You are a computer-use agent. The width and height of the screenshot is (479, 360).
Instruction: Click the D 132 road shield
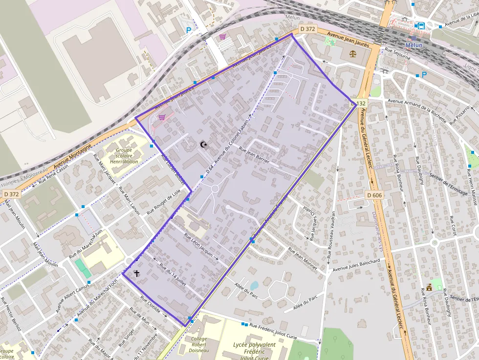(x=359, y=103)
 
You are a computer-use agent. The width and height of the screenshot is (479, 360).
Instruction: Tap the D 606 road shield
(x=374, y=195)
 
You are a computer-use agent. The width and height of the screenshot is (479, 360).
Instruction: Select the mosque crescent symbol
(x=203, y=144)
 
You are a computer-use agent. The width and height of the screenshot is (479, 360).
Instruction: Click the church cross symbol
(x=136, y=274)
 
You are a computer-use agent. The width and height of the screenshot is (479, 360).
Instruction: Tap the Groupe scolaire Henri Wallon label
(x=124, y=156)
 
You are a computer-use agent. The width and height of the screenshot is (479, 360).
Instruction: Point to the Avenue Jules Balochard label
(x=356, y=265)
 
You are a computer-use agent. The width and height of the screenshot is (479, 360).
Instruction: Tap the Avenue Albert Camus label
(x=70, y=297)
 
